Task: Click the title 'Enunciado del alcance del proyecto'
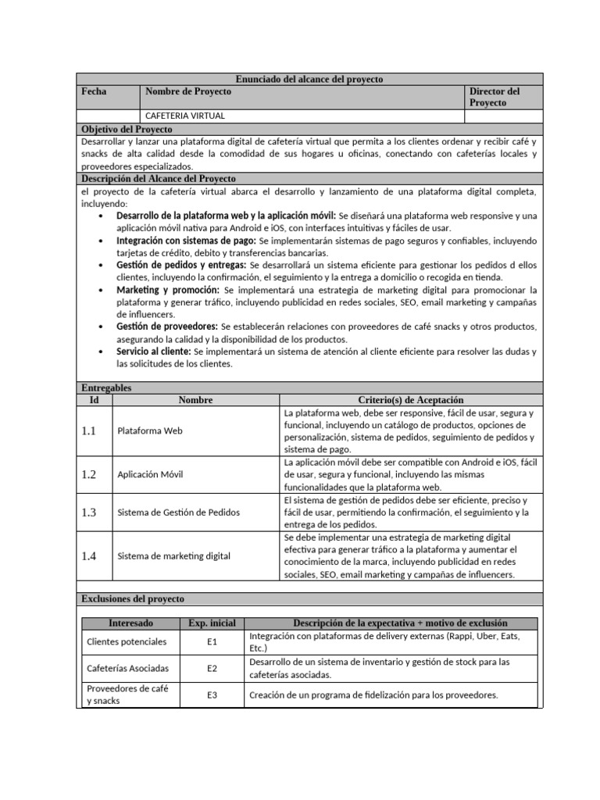click(309, 80)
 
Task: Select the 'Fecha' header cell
click(94, 91)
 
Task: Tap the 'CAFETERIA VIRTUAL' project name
click(184, 116)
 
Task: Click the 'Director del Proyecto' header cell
click(495, 97)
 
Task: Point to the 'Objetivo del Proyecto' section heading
click(127, 129)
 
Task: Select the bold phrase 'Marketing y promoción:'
click(168, 290)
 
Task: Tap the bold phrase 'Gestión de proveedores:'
click(167, 327)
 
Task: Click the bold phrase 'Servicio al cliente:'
click(153, 352)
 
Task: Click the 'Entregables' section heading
click(107, 387)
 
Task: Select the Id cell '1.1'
click(88, 430)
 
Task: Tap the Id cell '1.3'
click(88, 512)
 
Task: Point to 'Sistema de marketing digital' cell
click(173, 556)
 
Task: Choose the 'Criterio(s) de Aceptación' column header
click(410, 400)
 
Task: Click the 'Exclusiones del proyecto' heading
click(133, 598)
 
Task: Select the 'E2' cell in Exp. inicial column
click(212, 668)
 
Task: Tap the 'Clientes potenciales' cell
click(126, 641)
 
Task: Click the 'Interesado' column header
click(130, 623)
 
